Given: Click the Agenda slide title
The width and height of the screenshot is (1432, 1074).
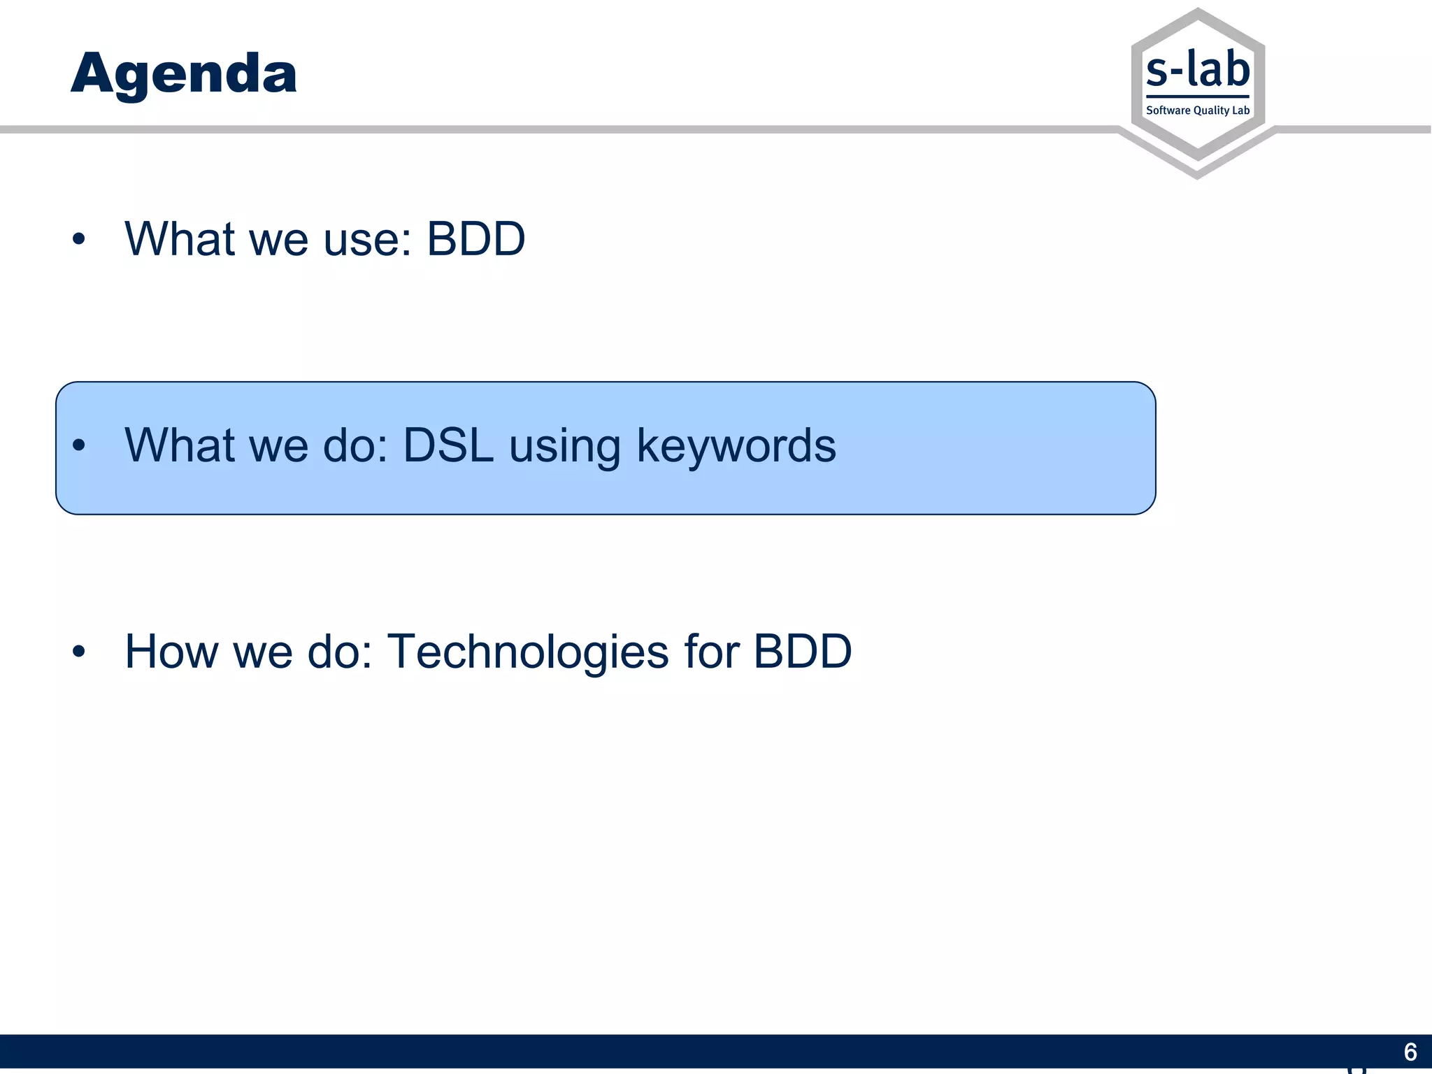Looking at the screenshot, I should pyautogui.click(x=184, y=73).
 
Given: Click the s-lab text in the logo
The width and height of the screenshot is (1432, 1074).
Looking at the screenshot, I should pyautogui.click(x=1198, y=71).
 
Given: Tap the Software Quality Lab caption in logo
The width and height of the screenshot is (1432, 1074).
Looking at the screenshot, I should pyautogui.click(x=1197, y=110).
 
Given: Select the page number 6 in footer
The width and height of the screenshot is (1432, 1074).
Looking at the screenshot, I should pyautogui.click(x=1410, y=1052).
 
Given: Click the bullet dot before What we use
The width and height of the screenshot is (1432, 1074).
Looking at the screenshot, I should pyautogui.click(x=78, y=240).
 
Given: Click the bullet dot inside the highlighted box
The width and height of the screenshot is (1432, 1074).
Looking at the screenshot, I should pyautogui.click(x=78, y=445).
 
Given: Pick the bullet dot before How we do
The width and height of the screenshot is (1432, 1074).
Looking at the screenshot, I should pyautogui.click(x=78, y=652).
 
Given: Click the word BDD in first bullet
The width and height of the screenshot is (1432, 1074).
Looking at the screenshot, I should pyautogui.click(x=475, y=239).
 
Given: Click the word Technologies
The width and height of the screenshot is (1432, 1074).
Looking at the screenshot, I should pyautogui.click(x=528, y=652).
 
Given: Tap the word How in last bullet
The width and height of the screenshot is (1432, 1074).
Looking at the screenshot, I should pyautogui.click(x=170, y=652).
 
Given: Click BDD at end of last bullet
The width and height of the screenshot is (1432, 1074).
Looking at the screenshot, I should pyautogui.click(x=802, y=652).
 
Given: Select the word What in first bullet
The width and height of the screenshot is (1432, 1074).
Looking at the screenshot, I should pyautogui.click(x=180, y=239).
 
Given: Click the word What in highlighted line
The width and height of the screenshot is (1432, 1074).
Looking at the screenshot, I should pyautogui.click(x=180, y=445).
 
